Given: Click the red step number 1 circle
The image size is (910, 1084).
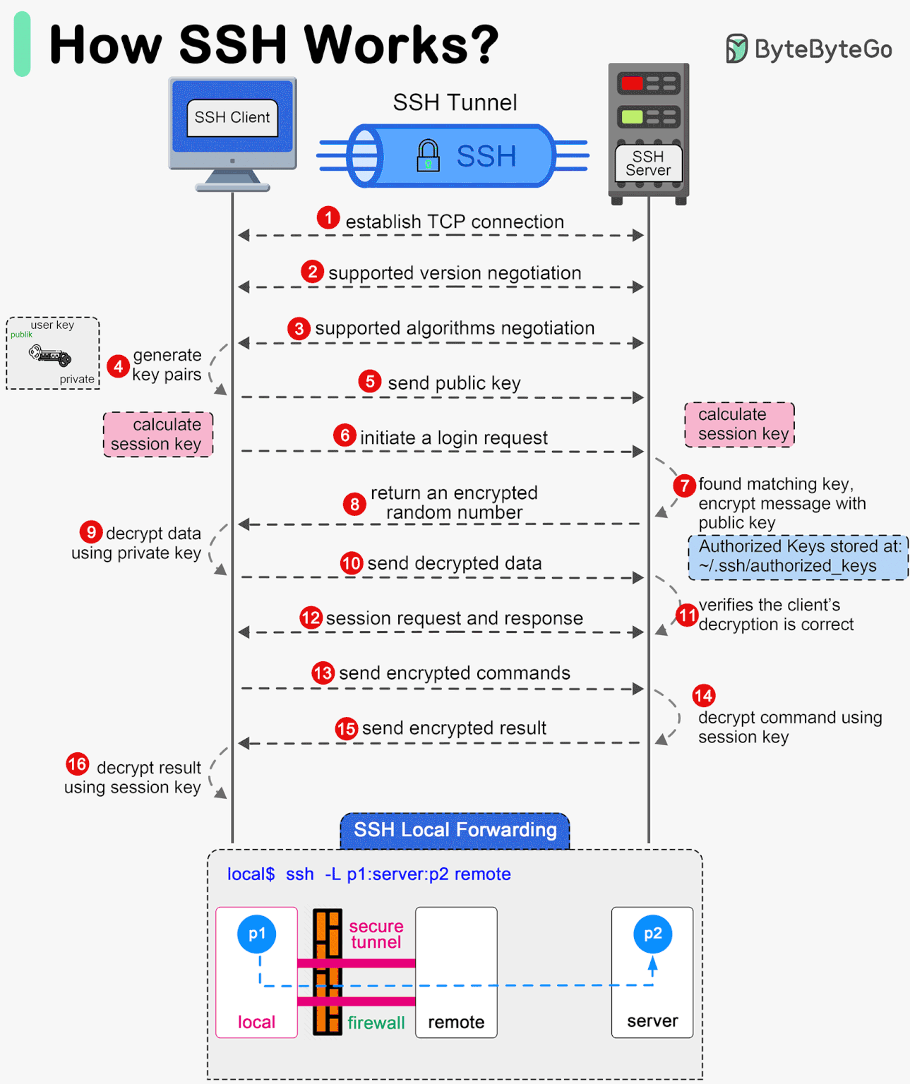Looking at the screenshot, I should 328,218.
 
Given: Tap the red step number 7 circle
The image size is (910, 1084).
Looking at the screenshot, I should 684,486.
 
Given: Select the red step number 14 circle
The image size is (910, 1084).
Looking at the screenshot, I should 703,696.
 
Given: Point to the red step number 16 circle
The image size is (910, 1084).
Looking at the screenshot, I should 77,764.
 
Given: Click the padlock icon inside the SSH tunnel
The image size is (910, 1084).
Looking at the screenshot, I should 428,155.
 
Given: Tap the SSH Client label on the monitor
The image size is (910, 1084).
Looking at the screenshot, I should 232,118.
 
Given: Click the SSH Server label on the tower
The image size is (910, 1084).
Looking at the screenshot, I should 648,164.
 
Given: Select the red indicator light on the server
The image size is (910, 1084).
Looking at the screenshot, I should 632,84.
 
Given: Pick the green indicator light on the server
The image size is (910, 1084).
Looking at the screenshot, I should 632,116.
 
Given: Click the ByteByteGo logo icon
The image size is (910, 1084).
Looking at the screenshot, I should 736,49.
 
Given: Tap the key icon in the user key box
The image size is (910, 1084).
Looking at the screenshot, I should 50,355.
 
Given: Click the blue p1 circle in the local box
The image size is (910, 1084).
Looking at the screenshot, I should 257,934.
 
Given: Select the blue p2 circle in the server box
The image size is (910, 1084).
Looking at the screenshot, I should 652,934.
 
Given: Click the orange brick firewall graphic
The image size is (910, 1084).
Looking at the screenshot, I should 328,972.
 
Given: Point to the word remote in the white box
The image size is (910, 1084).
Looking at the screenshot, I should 456,1022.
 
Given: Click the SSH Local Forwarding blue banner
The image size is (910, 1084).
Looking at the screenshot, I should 455,831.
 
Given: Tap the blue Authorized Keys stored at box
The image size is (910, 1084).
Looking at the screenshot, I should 798,557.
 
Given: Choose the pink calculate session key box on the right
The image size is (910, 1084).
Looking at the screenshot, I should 739,424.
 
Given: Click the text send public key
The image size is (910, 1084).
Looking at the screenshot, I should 454,383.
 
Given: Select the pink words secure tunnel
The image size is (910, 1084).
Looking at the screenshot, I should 376,934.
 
